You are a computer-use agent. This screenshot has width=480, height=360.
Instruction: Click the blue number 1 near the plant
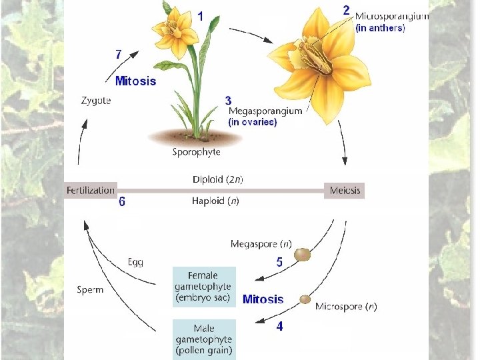tap(201, 15)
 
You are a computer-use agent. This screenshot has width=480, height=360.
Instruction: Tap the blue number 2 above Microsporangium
tap(347, 10)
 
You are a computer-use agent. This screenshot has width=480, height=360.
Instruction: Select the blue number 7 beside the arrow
tap(118, 54)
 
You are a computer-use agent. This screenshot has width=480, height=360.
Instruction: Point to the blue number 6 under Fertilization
tap(121, 202)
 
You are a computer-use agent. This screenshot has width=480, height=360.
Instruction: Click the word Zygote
tap(96, 101)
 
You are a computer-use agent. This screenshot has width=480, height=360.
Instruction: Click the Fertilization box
tap(91, 191)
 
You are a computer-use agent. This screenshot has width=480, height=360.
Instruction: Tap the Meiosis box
tap(345, 191)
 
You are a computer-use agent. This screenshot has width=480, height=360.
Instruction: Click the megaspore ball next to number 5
tap(303, 254)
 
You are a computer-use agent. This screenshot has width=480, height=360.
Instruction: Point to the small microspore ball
tap(305, 299)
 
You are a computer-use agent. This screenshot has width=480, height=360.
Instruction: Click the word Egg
tap(135, 262)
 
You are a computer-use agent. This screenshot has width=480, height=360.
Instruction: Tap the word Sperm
tap(90, 290)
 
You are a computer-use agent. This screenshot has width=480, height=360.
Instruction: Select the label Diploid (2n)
tap(217, 179)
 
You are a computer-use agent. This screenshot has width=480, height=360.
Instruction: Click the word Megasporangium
tap(265, 111)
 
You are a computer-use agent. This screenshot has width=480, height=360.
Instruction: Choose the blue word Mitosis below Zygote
tap(135, 81)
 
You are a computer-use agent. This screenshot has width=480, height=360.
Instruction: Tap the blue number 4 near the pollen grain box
tap(279, 327)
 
